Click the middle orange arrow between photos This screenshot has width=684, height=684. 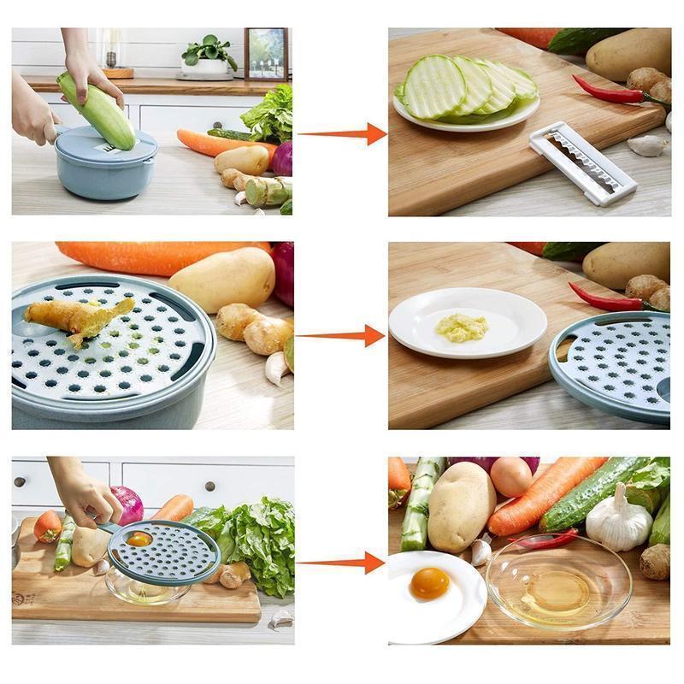(x=343, y=336)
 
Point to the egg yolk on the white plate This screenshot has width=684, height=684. (x=429, y=583)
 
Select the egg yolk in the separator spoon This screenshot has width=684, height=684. (x=139, y=540)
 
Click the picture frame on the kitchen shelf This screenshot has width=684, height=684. (x=266, y=53)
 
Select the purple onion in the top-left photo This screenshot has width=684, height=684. (x=283, y=158)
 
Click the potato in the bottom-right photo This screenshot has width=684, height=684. (x=461, y=507)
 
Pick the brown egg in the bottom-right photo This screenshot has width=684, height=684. (x=512, y=476)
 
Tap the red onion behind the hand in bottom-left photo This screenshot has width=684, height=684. (x=129, y=504)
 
